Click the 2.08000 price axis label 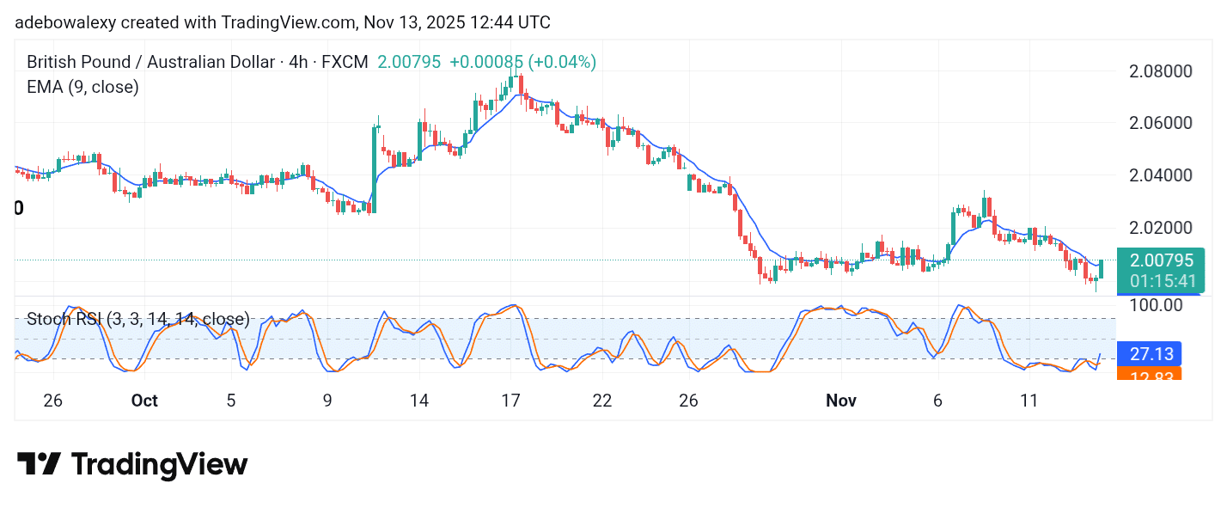coord(1160,70)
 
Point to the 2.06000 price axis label coord(1160,123)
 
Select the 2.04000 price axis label coord(1160,175)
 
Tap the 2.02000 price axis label coord(1160,228)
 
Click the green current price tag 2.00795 coord(1162,261)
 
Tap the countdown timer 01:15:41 coord(1162,281)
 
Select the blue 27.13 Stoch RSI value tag coord(1150,353)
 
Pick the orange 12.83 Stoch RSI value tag coord(1150,374)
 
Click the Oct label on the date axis coord(144,401)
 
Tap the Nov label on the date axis coord(840,401)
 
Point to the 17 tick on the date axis coord(510,401)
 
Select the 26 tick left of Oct coord(53,401)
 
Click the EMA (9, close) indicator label coord(82,87)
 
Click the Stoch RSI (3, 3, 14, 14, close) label coord(138,320)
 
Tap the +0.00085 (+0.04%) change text coord(522,62)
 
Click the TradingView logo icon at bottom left coord(39,465)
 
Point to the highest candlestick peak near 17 coord(519,79)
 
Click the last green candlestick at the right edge coord(1102,268)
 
